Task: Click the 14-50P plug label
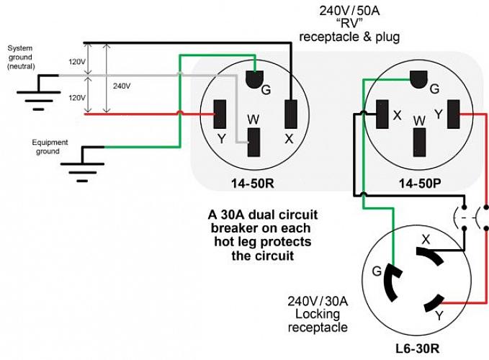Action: click(419, 183)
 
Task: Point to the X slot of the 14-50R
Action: click(291, 113)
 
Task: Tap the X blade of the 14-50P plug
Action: click(382, 114)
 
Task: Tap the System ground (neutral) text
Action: click(20, 57)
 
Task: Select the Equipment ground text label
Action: click(50, 147)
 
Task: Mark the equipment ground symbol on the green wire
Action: click(81, 162)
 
